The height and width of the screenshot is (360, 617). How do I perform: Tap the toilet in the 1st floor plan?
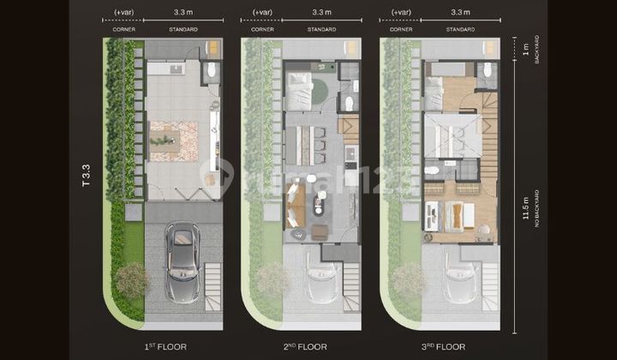[x=211, y=71]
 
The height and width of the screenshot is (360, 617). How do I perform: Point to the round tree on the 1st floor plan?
[x=131, y=279]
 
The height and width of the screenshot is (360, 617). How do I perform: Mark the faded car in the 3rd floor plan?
[x=460, y=279]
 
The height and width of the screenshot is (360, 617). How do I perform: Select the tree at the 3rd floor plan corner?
[x=409, y=279]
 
